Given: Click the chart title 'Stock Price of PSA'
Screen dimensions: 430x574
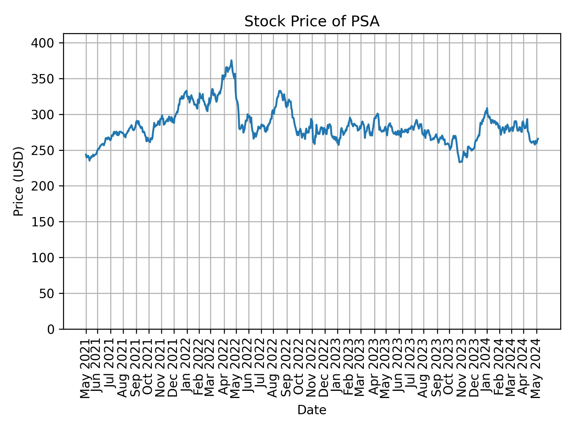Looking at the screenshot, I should click(312, 22).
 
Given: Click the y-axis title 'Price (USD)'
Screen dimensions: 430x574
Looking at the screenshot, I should click(19, 181).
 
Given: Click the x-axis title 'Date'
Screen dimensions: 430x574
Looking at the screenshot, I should click(312, 410).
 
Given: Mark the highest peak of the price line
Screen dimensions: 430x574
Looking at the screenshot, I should click(231, 61).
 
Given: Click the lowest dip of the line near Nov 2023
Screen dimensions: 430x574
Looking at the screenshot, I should click(460, 162).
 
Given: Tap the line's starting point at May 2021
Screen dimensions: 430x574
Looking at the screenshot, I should click(86, 154).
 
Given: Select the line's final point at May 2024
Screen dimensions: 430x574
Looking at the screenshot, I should click(538, 139).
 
